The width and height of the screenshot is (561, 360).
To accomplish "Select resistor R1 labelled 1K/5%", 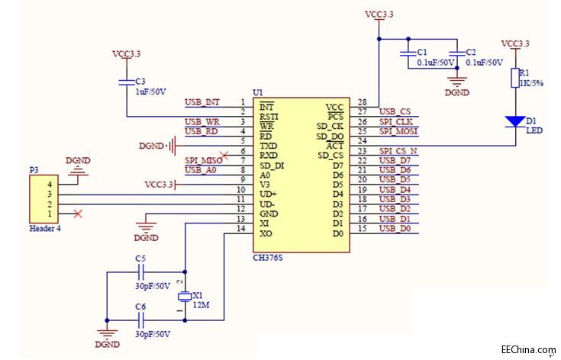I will coord(514,79).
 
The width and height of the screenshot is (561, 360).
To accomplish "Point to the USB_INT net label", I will coord(202,102).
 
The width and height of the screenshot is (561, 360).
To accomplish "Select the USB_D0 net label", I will coord(395,229).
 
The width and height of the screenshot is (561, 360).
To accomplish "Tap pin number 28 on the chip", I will coord(362,102).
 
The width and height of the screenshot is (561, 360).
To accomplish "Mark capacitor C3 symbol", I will coord(127,82).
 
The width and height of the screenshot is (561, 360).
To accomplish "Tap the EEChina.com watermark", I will coord(528,350).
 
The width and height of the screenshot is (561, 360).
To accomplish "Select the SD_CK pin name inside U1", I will coord(330,127).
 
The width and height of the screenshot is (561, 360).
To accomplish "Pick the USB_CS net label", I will coord(395,112).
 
